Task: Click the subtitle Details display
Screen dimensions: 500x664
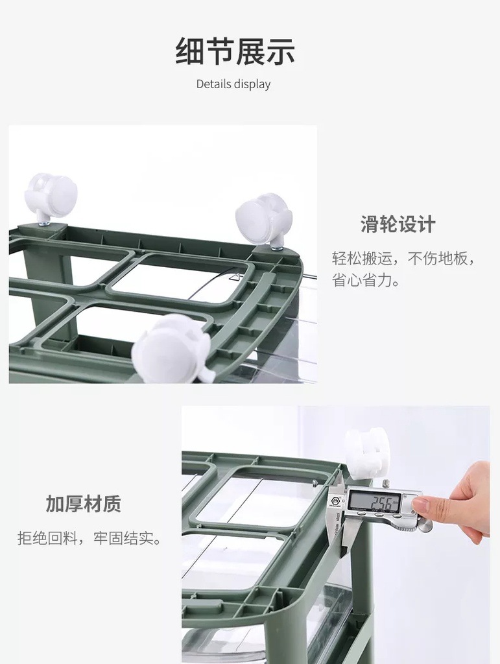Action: click(233, 84)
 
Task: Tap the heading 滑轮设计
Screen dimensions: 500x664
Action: click(398, 224)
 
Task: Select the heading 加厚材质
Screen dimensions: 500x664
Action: click(84, 503)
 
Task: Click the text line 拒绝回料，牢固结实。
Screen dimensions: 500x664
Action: click(89, 538)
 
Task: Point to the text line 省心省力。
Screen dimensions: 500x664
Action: click(366, 280)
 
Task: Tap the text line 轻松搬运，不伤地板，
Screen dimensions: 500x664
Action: click(403, 258)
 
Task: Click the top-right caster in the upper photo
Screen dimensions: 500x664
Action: click(265, 218)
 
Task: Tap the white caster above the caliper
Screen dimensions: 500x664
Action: click(366, 454)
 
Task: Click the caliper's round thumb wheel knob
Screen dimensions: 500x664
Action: click(425, 525)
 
